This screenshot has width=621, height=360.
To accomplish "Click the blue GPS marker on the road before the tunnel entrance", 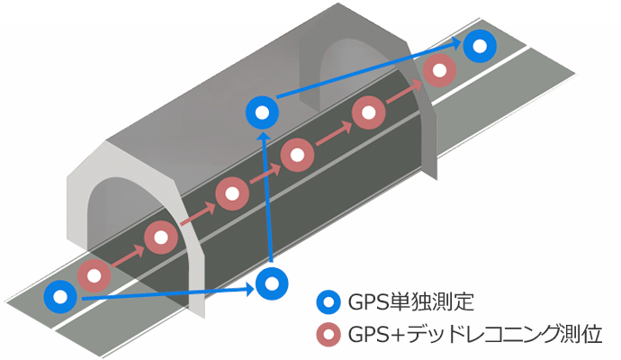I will coord(60,296).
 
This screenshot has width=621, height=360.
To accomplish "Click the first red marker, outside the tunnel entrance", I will coord(94,275).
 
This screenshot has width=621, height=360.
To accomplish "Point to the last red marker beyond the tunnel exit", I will coord(438,71).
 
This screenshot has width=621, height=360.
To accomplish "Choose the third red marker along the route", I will coord(231,193).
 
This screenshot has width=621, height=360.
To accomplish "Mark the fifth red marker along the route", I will coord(368,112).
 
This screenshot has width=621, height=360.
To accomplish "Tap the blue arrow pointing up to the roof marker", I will coord(266,198).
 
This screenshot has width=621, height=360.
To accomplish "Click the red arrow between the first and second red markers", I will coord(128,256).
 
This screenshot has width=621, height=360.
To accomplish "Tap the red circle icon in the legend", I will coord(330,335).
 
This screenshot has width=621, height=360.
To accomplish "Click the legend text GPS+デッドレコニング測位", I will coord(469,335).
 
